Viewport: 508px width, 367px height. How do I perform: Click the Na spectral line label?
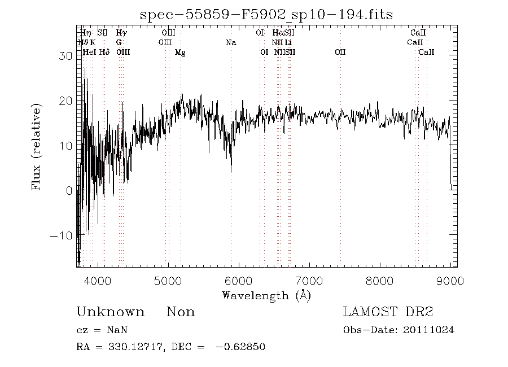(x=230, y=42)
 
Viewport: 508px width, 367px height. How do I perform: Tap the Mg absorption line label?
(x=180, y=52)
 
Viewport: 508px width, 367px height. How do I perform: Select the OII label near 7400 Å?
(x=340, y=52)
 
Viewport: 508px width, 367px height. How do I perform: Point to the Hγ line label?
(x=121, y=33)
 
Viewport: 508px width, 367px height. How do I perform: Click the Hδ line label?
(x=104, y=52)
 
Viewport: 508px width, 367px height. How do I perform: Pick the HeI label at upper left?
(x=89, y=52)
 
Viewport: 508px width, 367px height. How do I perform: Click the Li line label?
(x=288, y=42)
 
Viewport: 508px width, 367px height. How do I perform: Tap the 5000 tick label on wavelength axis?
(x=168, y=281)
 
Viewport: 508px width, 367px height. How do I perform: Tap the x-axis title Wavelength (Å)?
(x=266, y=295)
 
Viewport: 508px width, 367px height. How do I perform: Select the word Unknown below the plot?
(x=110, y=312)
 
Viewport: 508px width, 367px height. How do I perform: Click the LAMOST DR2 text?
(x=388, y=312)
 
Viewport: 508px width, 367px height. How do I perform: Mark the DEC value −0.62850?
(x=240, y=347)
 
